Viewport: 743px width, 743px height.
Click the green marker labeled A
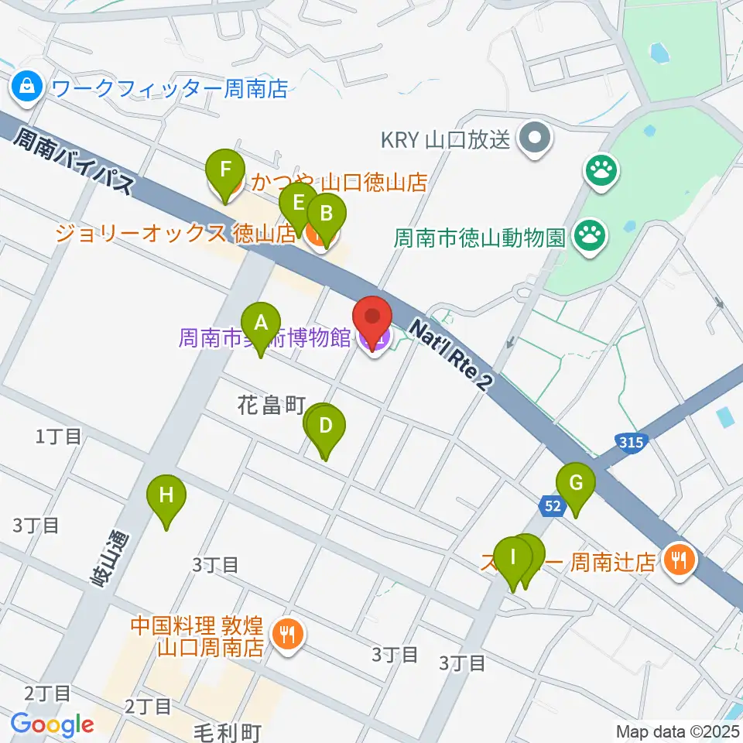261,322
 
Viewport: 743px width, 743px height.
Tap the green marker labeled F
225,169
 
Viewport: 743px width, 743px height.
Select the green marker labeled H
166,495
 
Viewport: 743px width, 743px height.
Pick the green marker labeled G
576,483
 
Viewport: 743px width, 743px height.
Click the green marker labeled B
326,214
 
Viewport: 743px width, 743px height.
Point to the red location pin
373,319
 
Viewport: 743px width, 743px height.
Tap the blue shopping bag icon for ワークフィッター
27,87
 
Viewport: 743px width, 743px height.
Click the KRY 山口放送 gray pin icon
535,140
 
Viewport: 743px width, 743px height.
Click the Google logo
52,724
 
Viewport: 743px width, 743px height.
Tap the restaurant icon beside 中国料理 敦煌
288,635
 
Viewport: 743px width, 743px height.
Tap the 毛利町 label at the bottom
228,731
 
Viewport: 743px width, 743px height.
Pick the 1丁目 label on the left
58,437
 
